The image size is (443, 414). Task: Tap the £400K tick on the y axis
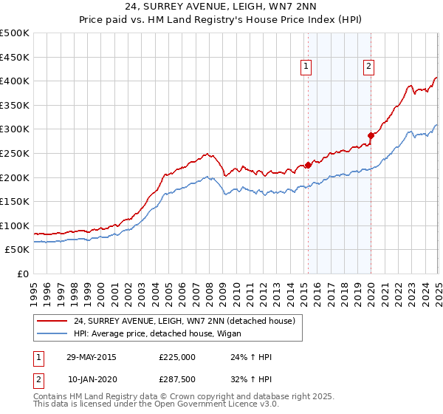[15, 81]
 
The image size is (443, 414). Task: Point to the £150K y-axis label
[15, 201]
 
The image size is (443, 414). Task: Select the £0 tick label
[24, 274]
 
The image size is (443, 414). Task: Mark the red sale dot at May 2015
[308, 165]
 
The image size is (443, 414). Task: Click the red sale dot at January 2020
[371, 135]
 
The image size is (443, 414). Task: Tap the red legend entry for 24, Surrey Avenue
[185, 321]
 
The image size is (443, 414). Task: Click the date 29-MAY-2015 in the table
[92, 356]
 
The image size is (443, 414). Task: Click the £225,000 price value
[177, 356]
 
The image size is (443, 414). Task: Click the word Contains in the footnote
[50, 398]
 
